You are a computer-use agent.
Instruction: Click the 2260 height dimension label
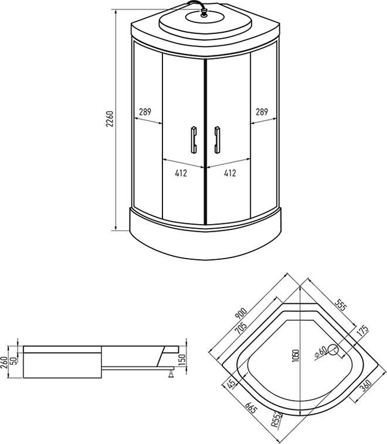pos(110,118)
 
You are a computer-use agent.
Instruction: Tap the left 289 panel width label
pos(145,112)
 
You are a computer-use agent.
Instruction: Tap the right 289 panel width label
pos(262,112)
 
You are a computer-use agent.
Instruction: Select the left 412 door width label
pos(181,173)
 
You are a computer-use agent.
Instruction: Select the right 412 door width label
pos(230,173)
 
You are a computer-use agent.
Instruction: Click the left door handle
pos(194,140)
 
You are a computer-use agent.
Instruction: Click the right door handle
pos(218,140)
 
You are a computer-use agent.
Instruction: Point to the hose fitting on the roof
pos(204,13)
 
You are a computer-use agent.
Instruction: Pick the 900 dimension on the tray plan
pos(242,313)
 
